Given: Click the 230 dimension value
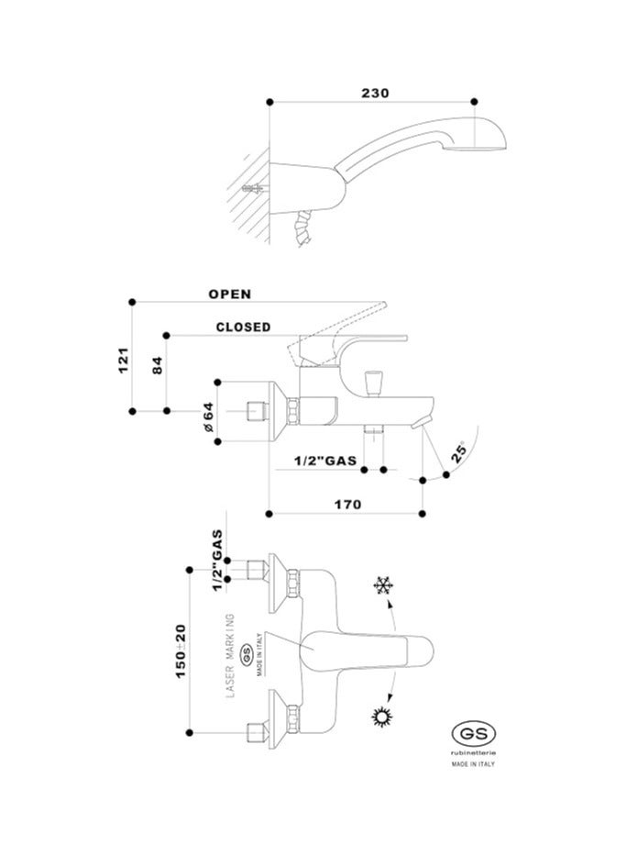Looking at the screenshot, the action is (x=375, y=93).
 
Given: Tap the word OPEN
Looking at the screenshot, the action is (x=230, y=295).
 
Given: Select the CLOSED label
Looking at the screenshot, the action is (x=243, y=327).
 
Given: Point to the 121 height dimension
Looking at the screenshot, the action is (x=124, y=360).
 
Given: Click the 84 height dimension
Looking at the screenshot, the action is (x=157, y=364).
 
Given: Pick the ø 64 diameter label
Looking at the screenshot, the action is (x=208, y=417).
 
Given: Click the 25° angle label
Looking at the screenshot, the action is (x=459, y=452).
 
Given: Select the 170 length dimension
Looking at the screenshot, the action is (x=347, y=504).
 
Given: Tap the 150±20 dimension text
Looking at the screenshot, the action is (x=181, y=651).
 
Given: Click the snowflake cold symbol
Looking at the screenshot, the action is (x=384, y=586).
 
